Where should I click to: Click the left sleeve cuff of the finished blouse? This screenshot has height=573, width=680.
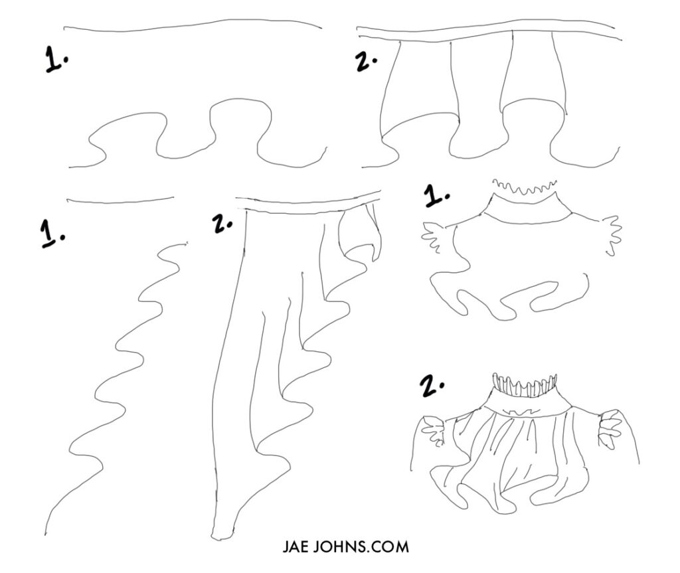(436, 432)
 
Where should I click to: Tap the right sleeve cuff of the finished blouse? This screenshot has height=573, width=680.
(610, 429)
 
